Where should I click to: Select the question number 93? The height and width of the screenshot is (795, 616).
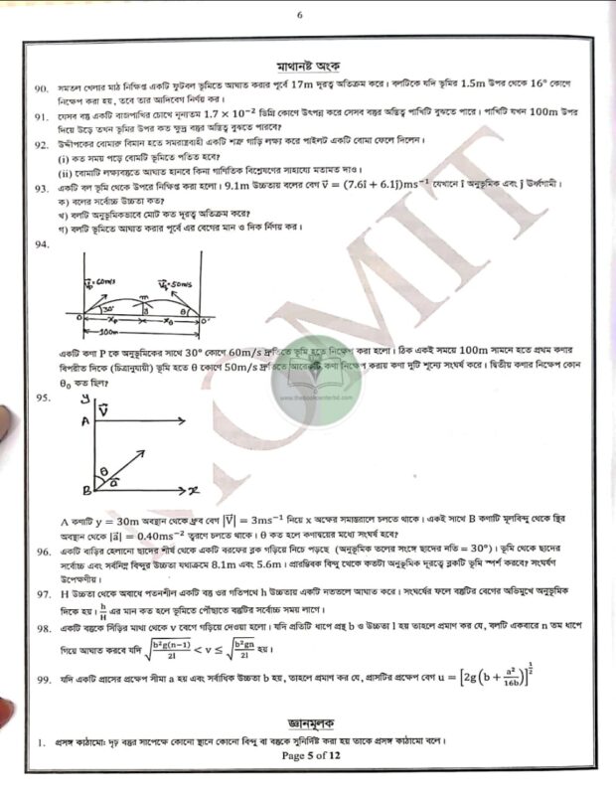[41, 187]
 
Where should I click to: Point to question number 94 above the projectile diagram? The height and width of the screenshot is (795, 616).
[41, 243]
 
